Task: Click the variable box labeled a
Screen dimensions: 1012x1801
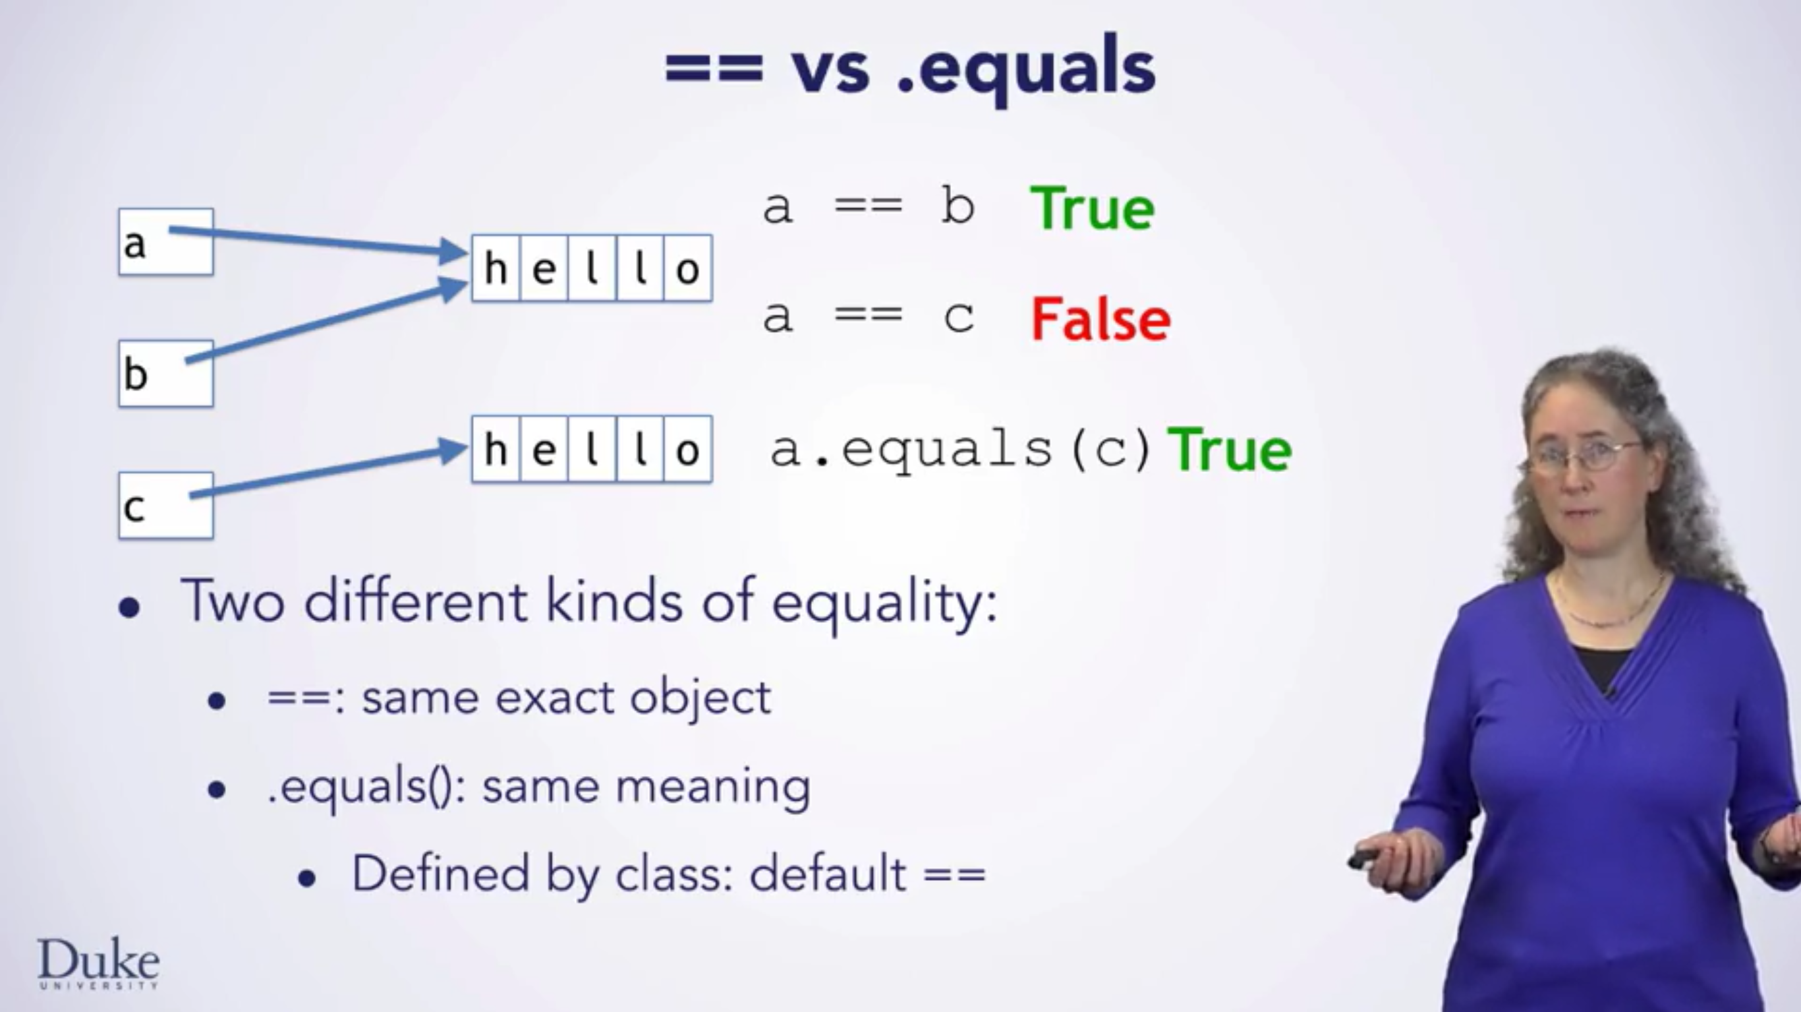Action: pyautogui.click(x=165, y=242)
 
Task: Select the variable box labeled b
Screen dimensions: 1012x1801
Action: pyautogui.click(x=165, y=373)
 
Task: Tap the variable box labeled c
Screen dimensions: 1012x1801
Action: pyautogui.click(x=165, y=506)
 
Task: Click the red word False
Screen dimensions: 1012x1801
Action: pyautogui.click(x=1101, y=320)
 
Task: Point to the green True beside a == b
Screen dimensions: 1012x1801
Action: pyautogui.click(x=1092, y=209)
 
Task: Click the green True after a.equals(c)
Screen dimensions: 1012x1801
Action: pyautogui.click(x=1230, y=450)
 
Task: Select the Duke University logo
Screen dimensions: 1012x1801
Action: pyautogui.click(x=98, y=964)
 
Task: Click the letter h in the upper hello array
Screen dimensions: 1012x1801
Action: pyautogui.click(x=496, y=268)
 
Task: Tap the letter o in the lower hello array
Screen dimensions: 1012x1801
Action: pyautogui.click(x=688, y=450)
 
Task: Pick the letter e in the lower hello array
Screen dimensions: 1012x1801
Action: pyautogui.click(x=544, y=450)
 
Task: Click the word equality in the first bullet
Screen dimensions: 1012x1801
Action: pyautogui.click(x=884, y=602)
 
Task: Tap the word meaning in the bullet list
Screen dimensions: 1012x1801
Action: pyautogui.click(x=712, y=787)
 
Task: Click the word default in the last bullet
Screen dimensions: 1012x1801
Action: pyautogui.click(x=828, y=874)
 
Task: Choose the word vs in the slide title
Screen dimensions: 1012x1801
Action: pyautogui.click(x=830, y=70)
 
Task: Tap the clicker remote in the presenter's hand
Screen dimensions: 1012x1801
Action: pyautogui.click(x=1363, y=859)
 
